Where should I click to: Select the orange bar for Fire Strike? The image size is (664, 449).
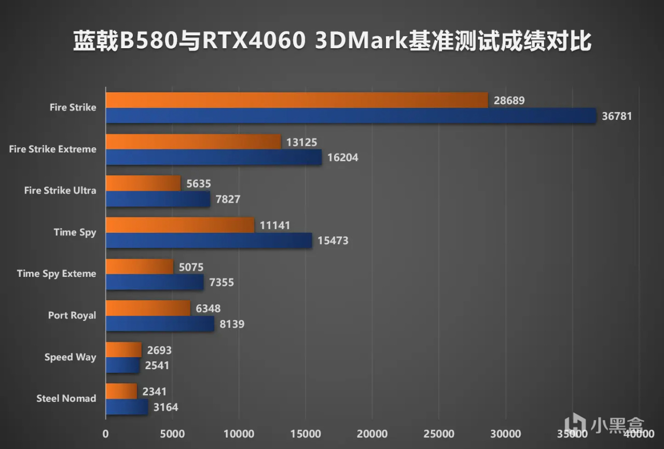coord(297,100)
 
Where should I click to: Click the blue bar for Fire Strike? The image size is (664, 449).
coord(351,116)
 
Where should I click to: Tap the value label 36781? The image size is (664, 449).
coord(617,116)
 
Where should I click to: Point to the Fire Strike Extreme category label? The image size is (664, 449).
coord(53,149)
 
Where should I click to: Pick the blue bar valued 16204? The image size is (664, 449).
coord(214,157)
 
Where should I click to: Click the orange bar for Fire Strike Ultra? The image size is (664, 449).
coord(143,183)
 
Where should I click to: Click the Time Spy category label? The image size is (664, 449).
coord(75,232)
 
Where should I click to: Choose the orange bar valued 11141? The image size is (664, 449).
coord(180,225)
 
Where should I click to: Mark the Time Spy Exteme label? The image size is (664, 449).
coord(57,274)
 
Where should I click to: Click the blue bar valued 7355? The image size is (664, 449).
coord(155,282)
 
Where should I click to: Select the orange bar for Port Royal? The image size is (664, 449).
coord(148,308)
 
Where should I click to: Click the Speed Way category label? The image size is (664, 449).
coord(70,357)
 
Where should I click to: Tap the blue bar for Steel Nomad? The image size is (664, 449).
coord(127,407)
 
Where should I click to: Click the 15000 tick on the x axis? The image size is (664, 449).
coord(306,434)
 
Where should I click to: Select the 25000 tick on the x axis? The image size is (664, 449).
coord(439,434)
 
